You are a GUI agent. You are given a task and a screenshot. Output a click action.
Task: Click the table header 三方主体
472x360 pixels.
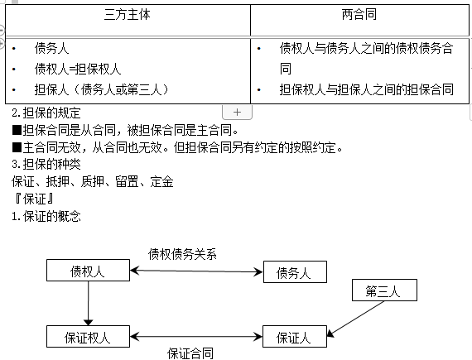coord(127,15)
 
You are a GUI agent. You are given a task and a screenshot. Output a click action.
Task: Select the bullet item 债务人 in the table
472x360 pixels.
coord(52,49)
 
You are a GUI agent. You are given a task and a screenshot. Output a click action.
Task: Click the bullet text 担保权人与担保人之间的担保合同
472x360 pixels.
coord(366,89)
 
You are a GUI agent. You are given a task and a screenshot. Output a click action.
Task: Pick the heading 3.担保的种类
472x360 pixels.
coord(46,165)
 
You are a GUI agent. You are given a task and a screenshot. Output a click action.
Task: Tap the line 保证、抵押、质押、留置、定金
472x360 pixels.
coord(92,181)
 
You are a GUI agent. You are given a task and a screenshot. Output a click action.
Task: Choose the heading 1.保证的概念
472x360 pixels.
coord(46,217)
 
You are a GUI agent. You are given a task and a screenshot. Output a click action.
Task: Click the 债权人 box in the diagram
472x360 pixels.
coord(88,271)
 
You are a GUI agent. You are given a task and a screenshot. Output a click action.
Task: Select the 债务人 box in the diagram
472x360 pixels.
coord(294,272)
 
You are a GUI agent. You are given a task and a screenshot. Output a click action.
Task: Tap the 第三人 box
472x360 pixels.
coord(383,290)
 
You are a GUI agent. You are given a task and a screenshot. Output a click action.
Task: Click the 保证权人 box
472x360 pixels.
coord(88,337)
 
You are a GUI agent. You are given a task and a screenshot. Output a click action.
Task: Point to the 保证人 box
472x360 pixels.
coord(294,337)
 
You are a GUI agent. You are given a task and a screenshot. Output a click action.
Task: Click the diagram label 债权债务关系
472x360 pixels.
coord(182,254)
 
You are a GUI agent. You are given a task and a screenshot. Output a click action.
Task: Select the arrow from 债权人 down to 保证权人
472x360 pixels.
coord(88,304)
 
